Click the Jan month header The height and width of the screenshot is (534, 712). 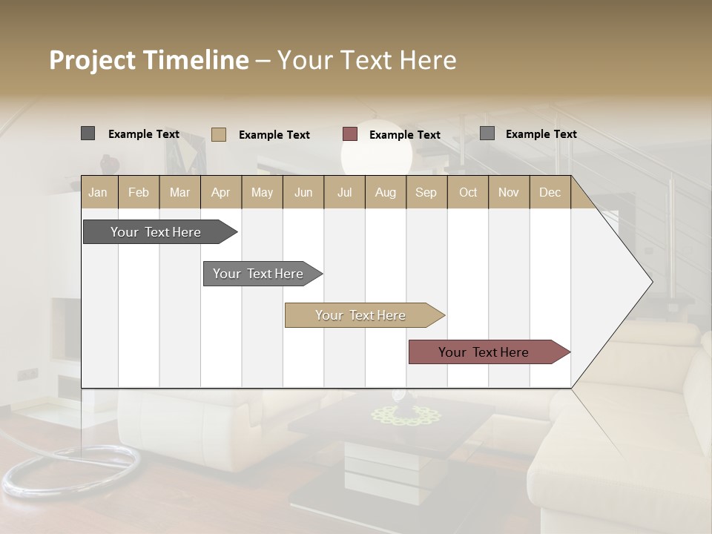click(98, 192)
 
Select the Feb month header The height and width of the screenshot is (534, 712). click(139, 192)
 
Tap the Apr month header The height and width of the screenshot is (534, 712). click(220, 192)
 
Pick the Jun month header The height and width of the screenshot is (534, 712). click(303, 192)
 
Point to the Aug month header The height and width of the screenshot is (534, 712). click(385, 192)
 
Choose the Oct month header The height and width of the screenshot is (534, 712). click(468, 192)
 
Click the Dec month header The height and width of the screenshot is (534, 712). click(550, 192)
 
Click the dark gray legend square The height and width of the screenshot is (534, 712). click(88, 133)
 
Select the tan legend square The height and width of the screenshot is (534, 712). click(218, 134)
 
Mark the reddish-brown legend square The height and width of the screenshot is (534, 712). click(350, 134)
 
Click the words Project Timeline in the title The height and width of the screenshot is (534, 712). click(148, 60)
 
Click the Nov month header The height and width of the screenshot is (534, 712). click(509, 192)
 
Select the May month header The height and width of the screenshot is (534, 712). click(262, 192)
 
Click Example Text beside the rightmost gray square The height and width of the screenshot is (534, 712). click(541, 134)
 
